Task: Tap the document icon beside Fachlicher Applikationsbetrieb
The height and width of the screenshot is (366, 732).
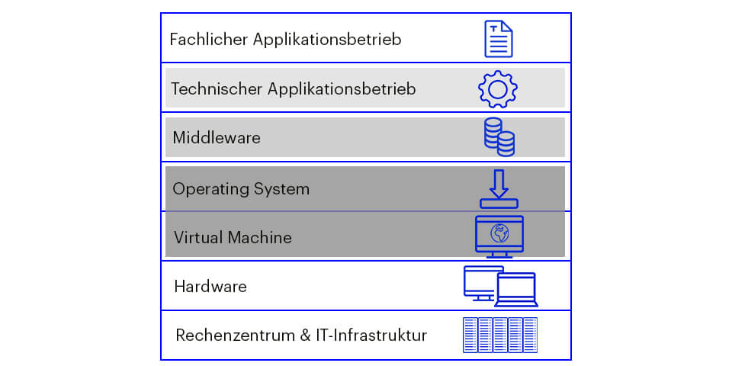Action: (499, 39)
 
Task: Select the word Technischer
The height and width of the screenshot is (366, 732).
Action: (216, 89)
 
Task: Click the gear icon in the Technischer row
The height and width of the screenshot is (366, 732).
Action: (498, 89)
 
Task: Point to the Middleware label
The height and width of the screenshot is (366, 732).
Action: (217, 138)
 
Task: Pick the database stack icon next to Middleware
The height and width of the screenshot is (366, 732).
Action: (499, 136)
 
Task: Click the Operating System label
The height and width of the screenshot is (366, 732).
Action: (240, 188)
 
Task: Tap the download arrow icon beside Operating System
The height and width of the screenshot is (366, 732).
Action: (499, 188)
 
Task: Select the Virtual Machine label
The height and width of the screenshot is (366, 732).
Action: (233, 237)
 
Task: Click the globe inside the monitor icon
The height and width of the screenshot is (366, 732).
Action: (499, 233)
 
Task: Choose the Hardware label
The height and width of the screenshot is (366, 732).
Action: (210, 287)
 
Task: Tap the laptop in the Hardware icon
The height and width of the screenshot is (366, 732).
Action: (517, 290)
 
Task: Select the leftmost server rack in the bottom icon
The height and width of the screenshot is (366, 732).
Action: (470, 335)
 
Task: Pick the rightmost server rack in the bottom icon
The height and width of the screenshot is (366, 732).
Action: (530, 335)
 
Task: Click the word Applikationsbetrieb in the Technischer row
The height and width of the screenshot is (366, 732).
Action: (342, 89)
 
